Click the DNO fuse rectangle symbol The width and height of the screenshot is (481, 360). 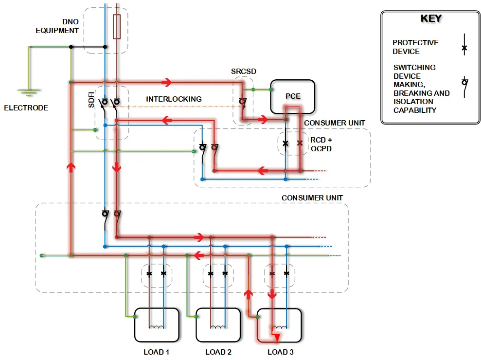click(117, 26)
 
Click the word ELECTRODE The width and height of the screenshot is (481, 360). click(26, 108)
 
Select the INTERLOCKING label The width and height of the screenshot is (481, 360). click(174, 99)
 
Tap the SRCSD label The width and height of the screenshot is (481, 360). click(244, 71)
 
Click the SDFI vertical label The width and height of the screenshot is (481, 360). click(91, 100)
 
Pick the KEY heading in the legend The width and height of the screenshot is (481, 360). click(431, 18)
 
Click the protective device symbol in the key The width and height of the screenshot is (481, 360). click(464, 45)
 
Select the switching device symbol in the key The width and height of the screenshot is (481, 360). click(465, 87)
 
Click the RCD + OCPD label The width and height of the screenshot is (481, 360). click(321, 144)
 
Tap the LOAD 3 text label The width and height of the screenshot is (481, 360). click(280, 352)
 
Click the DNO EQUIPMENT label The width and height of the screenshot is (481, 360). click(57, 26)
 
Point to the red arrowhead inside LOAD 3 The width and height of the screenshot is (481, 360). click(276, 338)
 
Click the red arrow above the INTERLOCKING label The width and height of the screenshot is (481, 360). click(166, 82)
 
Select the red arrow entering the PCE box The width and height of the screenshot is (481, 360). click(263, 119)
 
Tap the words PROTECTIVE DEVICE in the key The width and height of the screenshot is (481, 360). click(416, 47)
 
